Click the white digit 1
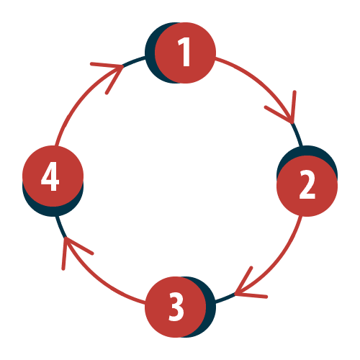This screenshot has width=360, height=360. click(x=184, y=52)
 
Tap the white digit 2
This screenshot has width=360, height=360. click(x=307, y=184)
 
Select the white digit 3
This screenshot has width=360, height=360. click(x=176, y=307)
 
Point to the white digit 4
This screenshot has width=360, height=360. click(x=50, y=176)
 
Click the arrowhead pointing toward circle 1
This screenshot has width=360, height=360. click(x=113, y=72)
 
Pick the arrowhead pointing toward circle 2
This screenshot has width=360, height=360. click(x=286, y=110)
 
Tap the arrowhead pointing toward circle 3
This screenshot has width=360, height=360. click(x=247, y=288)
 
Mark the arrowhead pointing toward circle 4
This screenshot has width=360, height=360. click(x=72, y=250)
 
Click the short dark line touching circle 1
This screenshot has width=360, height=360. click(x=134, y=61)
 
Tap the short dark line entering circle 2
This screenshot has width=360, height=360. click(x=297, y=135)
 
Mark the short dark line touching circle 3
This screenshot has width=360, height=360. click(x=225, y=297)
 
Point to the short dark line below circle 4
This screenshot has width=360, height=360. click(x=60, y=227)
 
